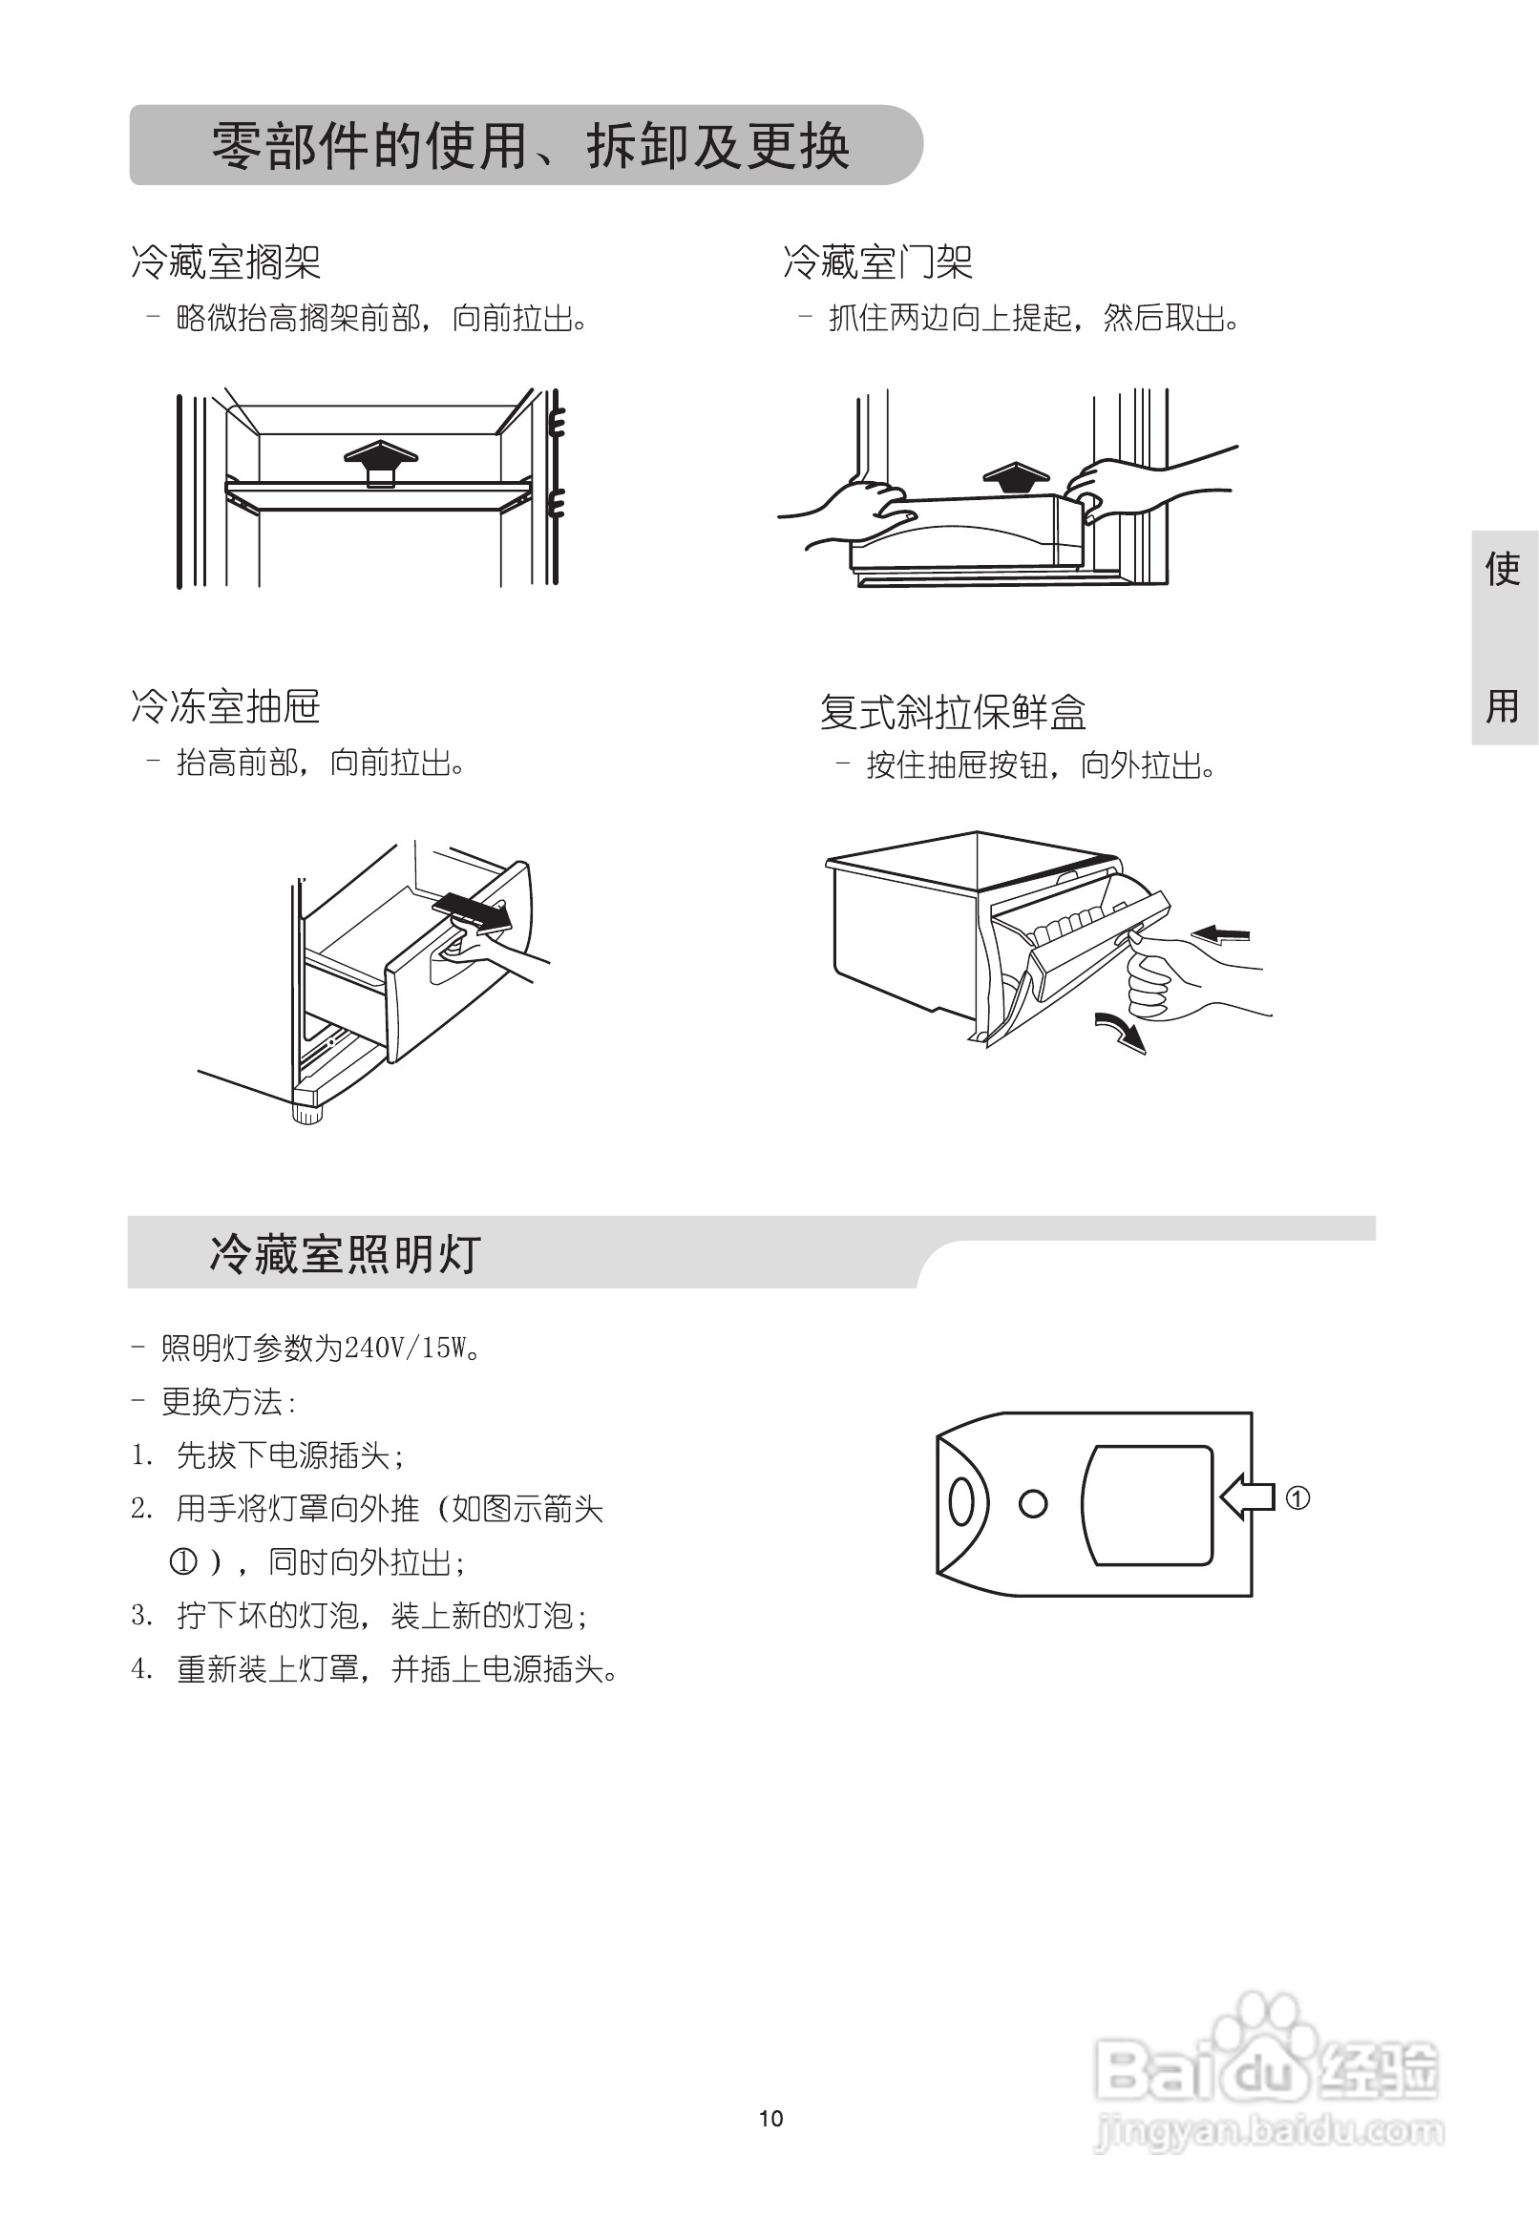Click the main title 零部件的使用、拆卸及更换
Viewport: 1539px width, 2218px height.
coord(530,148)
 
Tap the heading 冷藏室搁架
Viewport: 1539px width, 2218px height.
coord(225,262)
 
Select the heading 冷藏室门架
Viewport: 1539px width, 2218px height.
coord(877,262)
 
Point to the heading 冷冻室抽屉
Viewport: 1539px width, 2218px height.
coord(225,707)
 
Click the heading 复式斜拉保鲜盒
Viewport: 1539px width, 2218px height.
coord(953,713)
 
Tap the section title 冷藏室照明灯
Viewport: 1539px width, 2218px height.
coord(345,1255)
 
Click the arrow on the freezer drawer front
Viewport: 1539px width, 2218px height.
coord(473,911)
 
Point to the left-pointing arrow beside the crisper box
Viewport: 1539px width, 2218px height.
coord(1220,934)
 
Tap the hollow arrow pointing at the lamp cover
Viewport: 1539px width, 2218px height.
coord(1247,1498)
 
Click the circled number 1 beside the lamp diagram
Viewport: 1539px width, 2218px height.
coord(1297,1499)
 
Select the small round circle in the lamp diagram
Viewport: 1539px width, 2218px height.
coord(1033,1504)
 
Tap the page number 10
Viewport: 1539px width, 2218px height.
coord(770,2118)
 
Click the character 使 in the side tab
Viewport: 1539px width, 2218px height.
coord(1503,569)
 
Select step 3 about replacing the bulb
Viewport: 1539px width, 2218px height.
coord(359,1616)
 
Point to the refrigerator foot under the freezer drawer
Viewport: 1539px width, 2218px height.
coord(306,1115)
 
